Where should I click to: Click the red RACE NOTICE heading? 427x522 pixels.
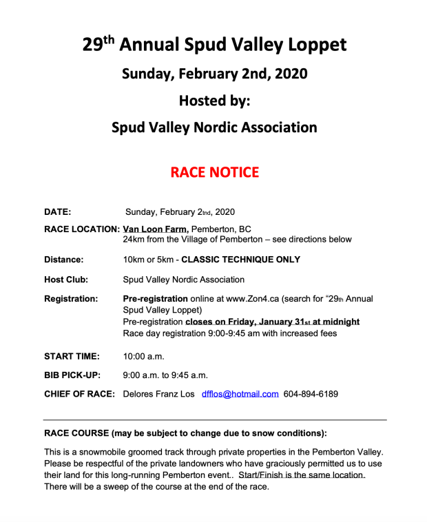tap(214, 171)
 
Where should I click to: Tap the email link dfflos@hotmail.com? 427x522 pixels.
tap(240, 394)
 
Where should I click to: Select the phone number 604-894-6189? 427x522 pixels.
tap(311, 394)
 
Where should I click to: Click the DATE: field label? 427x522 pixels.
tap(58, 212)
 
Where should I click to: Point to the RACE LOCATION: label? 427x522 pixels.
tap(82, 229)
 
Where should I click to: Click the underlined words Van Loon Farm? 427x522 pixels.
tap(155, 229)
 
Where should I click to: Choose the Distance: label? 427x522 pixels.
tap(64, 260)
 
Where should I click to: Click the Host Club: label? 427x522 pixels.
tap(66, 280)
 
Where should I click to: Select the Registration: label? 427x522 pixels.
tap(71, 299)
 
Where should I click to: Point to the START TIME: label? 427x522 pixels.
tap(72, 356)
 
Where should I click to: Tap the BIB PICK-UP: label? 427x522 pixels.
tap(73, 375)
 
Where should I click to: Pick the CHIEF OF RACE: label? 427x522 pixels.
tap(79, 394)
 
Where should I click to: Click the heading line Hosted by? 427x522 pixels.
tap(213, 101)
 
